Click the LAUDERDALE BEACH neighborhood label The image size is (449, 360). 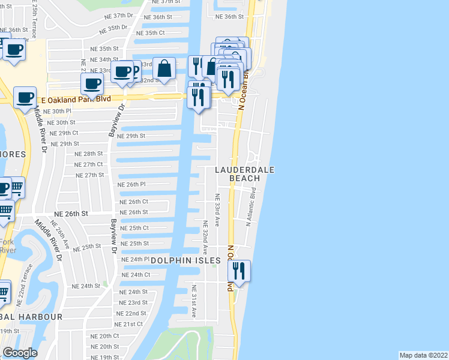click(x=245, y=174)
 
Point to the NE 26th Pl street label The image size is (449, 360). click(x=132, y=185)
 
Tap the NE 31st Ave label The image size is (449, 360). click(x=194, y=305)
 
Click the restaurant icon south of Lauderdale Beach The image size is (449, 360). click(x=240, y=271)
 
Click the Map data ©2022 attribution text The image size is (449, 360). click(x=424, y=355)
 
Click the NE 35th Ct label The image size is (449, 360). click(x=151, y=33)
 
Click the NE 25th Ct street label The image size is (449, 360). click(x=134, y=228)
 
